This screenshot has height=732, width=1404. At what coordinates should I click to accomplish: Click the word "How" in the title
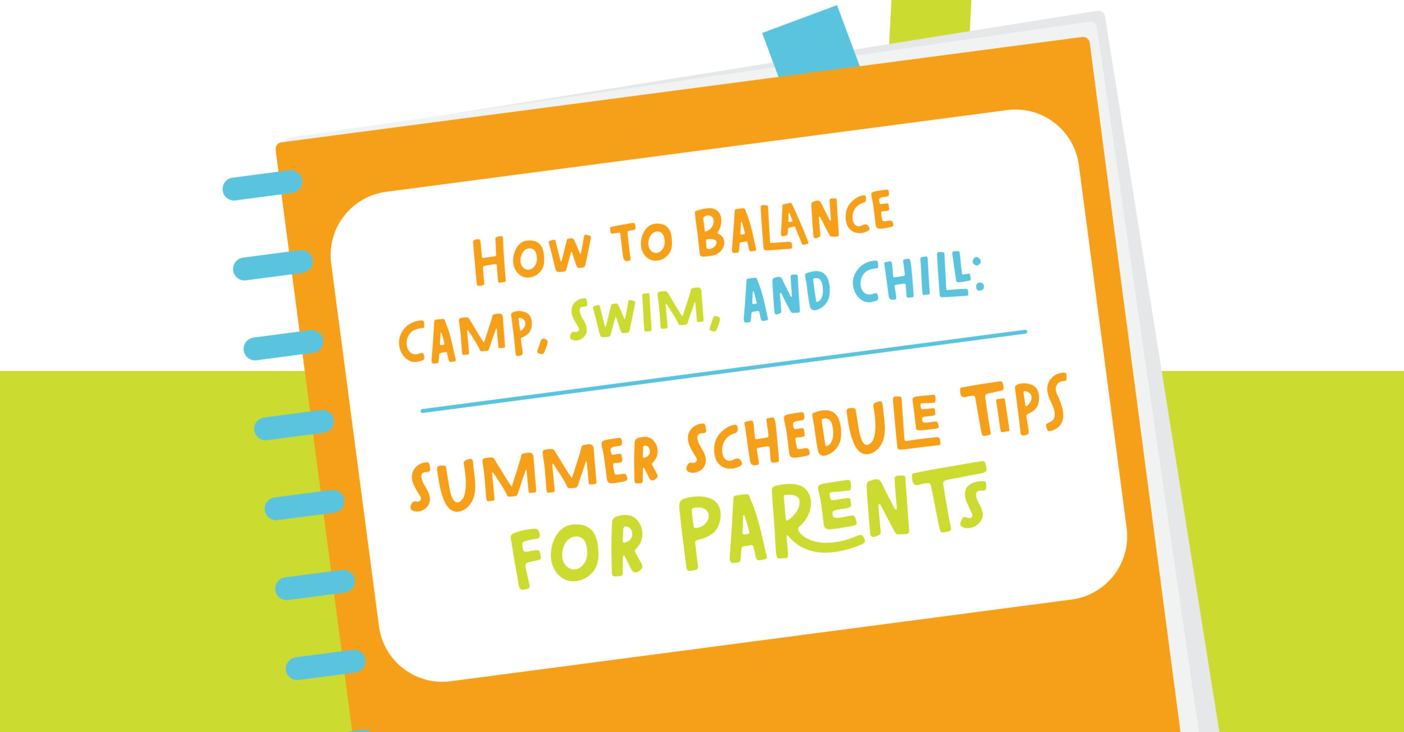pyautogui.click(x=532, y=258)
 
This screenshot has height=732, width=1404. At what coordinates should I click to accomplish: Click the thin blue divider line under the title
pyautogui.click(x=723, y=371)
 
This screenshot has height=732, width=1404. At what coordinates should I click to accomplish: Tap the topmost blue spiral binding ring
pyautogui.click(x=262, y=185)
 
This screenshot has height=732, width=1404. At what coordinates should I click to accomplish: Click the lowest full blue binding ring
pyautogui.click(x=325, y=665)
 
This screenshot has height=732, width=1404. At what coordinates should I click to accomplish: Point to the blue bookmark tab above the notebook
pyautogui.click(x=811, y=42)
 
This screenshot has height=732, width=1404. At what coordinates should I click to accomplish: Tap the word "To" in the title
pyautogui.click(x=642, y=241)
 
